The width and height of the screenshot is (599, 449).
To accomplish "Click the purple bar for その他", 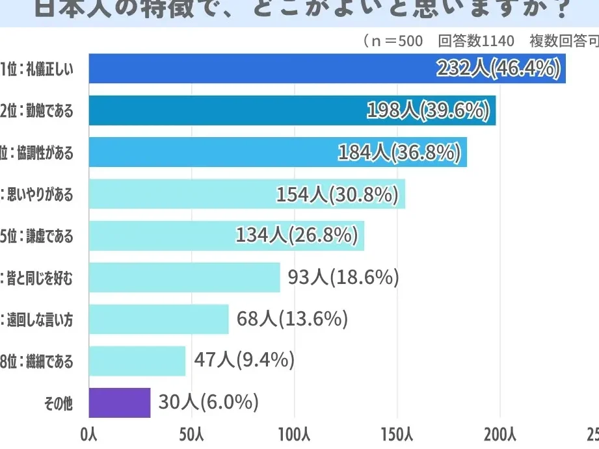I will click(x=119, y=403).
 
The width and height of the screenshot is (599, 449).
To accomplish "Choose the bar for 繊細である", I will click(x=137, y=361).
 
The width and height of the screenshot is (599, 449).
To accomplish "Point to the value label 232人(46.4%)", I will click(x=498, y=68).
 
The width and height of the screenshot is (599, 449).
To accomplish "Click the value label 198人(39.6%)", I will click(x=428, y=110).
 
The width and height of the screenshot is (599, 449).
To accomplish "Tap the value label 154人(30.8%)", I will click(x=337, y=194).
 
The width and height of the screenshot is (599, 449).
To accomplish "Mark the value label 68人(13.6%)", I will click(x=292, y=319).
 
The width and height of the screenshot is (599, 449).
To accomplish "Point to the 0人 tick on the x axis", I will click(x=88, y=434).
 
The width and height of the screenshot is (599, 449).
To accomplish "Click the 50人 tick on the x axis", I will click(x=191, y=434).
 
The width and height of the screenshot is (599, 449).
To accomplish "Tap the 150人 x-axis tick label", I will click(x=397, y=434).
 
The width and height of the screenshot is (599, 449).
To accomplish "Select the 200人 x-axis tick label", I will click(x=501, y=434).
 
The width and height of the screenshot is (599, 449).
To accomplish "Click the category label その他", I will click(x=58, y=404).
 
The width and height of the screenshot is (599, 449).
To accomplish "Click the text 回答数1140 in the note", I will click(x=476, y=41).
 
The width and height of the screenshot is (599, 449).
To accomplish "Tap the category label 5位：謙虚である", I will click(x=36, y=236).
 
